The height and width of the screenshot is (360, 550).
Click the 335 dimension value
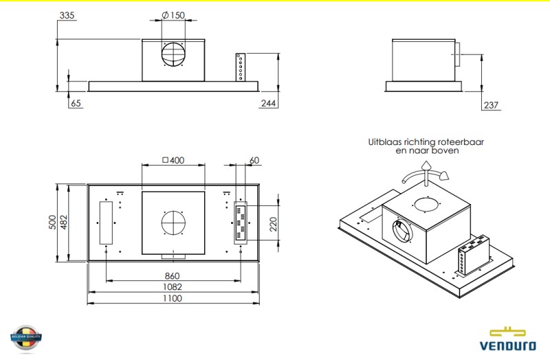pyautogui.click(x=67, y=14)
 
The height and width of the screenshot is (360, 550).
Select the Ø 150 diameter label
pyautogui.click(x=174, y=14)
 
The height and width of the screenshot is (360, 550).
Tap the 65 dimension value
pyautogui.click(x=76, y=104)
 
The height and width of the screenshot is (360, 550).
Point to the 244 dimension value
pyautogui.click(x=269, y=104)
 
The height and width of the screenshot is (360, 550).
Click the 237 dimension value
pyautogui.click(x=491, y=105)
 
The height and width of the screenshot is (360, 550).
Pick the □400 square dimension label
pyautogui.click(x=173, y=160)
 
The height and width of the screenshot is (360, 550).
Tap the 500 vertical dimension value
pyautogui.click(x=53, y=223)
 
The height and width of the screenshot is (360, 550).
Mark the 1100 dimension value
pyautogui.click(x=173, y=298)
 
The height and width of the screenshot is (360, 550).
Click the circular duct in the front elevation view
pyautogui.click(x=174, y=55)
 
